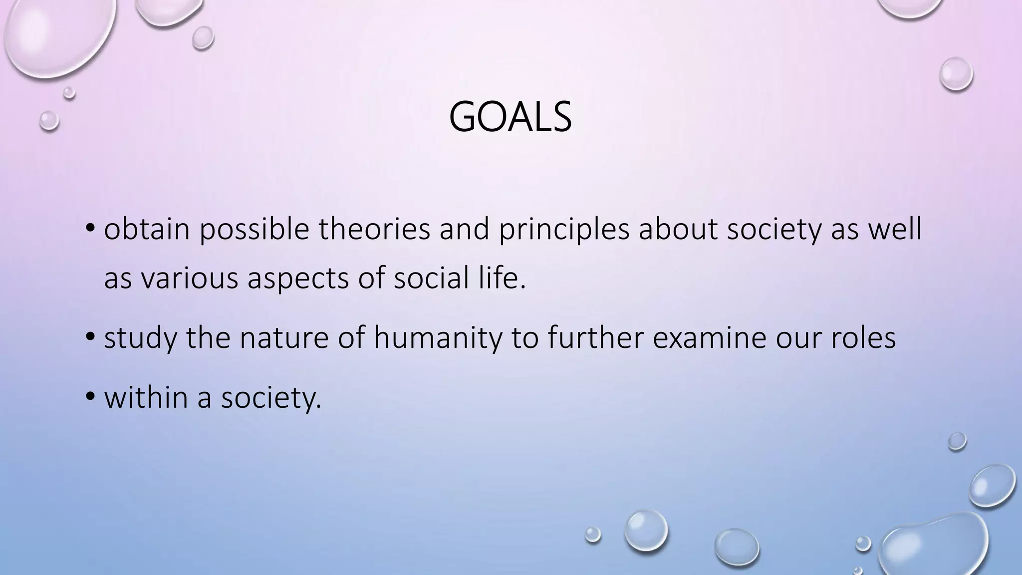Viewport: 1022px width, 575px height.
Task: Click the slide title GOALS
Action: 510,118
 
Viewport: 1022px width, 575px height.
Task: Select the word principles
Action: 564,231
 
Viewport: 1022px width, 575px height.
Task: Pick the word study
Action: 140,338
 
